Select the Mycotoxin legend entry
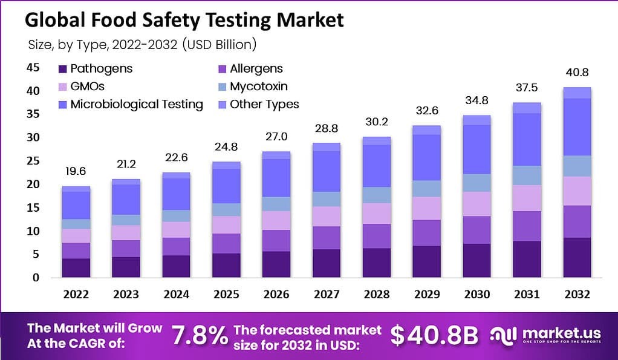point(258,87)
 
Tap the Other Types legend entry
point(264,104)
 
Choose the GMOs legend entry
point(87,87)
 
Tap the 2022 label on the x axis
point(76,294)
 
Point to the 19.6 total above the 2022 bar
point(76,172)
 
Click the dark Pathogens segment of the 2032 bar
point(576,257)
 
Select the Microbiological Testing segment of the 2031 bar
point(527,139)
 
